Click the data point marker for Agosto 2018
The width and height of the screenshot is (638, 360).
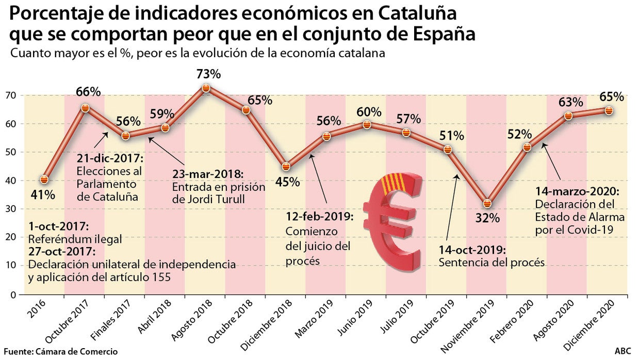click(x=206, y=88)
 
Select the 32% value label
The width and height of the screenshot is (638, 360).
click(x=487, y=218)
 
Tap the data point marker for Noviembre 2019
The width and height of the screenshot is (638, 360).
click(x=487, y=204)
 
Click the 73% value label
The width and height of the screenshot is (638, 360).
click(x=209, y=74)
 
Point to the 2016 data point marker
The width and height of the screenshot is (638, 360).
click(x=44, y=179)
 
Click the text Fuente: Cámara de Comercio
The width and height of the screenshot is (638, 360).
click(x=60, y=351)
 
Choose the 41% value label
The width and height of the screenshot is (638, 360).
click(x=44, y=195)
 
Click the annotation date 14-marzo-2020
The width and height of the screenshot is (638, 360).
click(x=577, y=191)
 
